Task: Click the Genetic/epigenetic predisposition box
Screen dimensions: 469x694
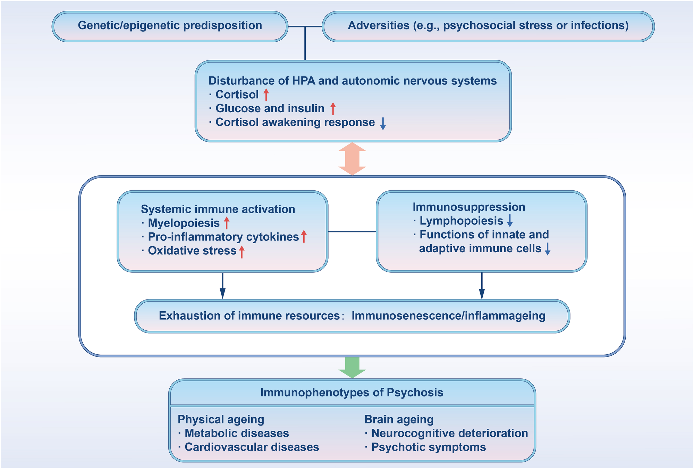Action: coord(170,26)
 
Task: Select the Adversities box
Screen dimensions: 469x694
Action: coord(488,26)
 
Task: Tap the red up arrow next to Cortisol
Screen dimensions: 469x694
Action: coord(266,94)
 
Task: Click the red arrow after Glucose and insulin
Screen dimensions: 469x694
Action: coord(333,108)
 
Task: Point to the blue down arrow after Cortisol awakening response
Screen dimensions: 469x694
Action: coord(383,123)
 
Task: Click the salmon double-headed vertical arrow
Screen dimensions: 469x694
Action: coord(352,159)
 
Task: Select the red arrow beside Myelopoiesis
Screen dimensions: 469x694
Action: coord(227,223)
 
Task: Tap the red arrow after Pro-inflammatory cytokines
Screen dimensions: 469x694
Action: coord(304,236)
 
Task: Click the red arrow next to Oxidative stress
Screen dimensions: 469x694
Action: coord(242,251)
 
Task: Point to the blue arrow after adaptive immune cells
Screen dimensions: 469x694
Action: coord(547,249)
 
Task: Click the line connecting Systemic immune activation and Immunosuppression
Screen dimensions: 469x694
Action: coord(352,231)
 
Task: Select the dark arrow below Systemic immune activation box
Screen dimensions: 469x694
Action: coord(222,286)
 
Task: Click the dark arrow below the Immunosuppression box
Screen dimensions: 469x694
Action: coord(482,286)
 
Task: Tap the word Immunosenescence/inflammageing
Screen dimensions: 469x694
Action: coord(448,316)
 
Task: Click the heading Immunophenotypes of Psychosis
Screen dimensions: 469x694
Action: coord(352,393)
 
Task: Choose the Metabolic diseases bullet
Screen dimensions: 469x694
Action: coord(236,433)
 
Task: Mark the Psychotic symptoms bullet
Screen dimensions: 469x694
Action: coord(428,447)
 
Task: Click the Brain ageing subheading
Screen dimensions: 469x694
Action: coord(399,419)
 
